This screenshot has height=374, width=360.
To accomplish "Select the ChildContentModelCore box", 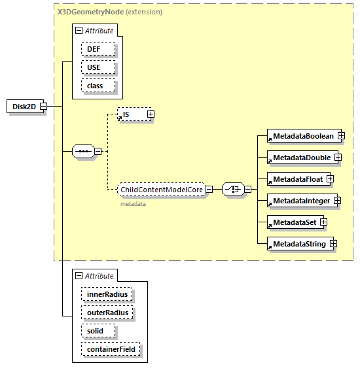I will click(161, 190).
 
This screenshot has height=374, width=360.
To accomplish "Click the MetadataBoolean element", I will click(302, 135).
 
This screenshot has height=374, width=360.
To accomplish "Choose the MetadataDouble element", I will click(300, 157).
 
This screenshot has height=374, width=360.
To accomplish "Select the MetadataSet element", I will click(293, 222).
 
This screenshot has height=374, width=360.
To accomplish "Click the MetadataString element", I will click(298, 244).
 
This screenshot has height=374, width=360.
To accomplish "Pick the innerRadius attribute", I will click(107, 295).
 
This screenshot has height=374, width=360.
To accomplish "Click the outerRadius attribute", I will click(107, 313).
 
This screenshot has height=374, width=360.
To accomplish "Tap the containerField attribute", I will click(111, 350).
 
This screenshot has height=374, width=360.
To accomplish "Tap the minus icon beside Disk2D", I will click(43, 106).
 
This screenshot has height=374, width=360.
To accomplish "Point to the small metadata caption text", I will click(133, 204).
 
